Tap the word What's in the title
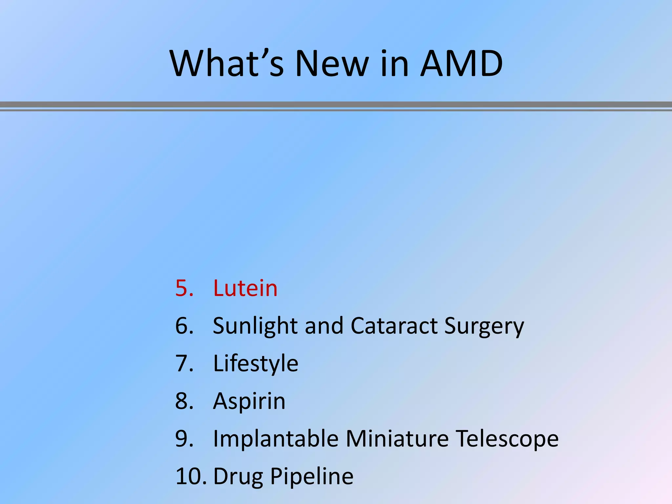tap(226, 64)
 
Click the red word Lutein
tap(245, 288)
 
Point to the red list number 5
tap(184, 288)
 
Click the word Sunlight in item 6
tap(255, 326)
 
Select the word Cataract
tap(394, 326)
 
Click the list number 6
tap(184, 326)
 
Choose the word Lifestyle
tap(256, 364)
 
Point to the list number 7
tap(184, 364)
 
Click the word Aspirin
tap(249, 401)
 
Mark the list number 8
tap(184, 401)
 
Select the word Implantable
tap(276, 439)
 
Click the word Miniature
tap(397, 439)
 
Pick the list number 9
tap(184, 439)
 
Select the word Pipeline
tap(312, 476)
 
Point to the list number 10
tap(191, 476)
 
